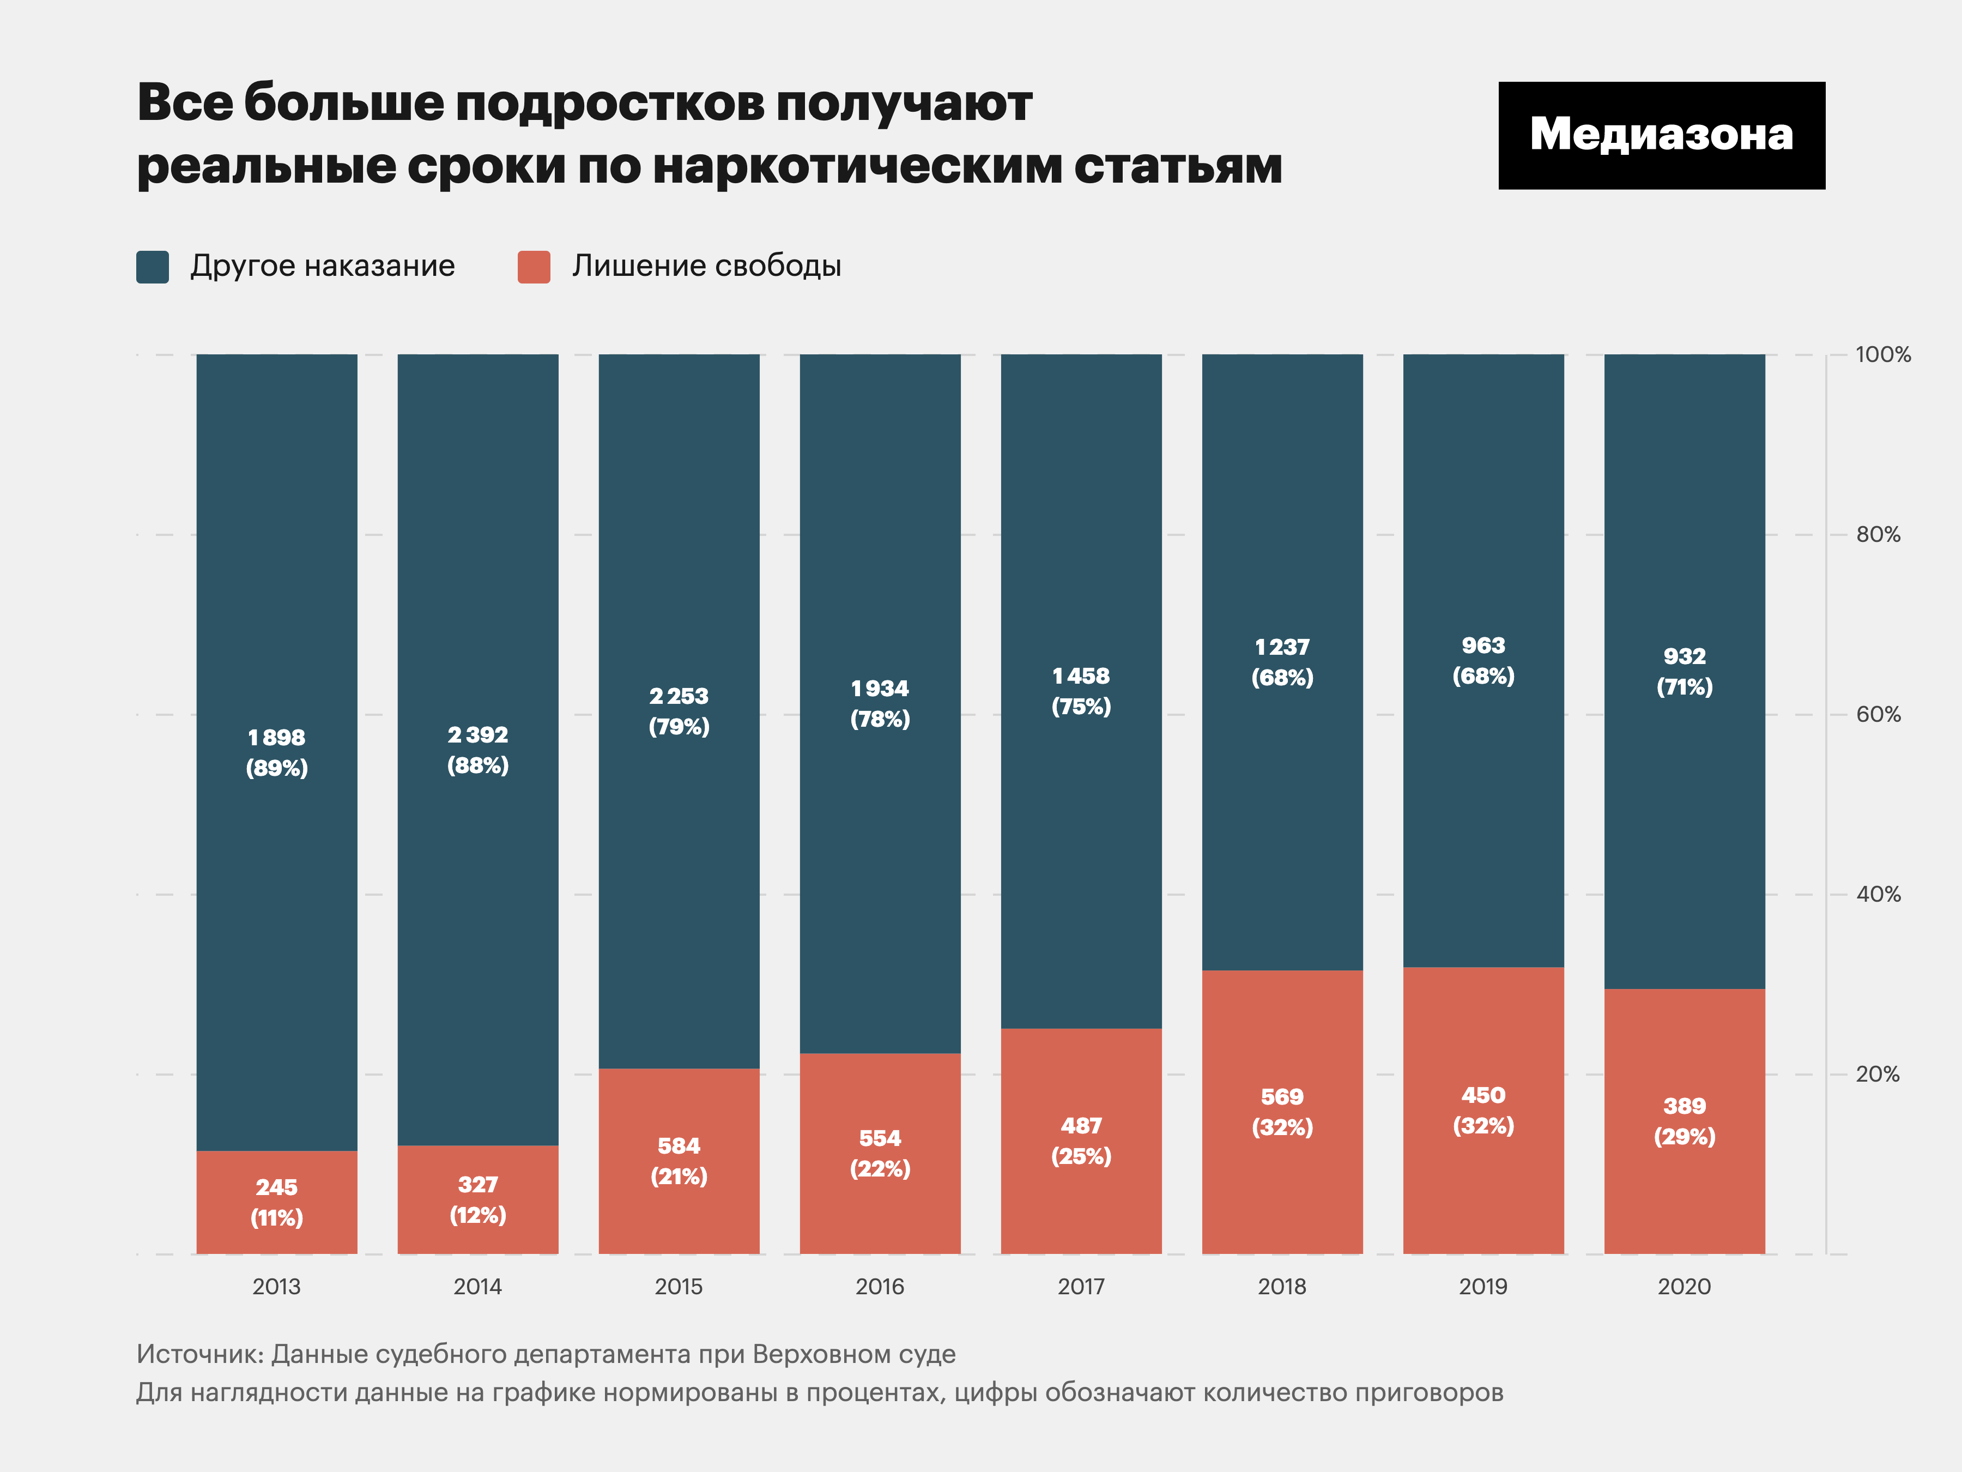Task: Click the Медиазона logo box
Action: [1661, 135]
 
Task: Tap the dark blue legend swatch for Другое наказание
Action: [153, 266]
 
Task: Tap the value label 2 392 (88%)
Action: [477, 750]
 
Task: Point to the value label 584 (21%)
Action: [679, 1161]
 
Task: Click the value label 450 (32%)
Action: [1482, 1110]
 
